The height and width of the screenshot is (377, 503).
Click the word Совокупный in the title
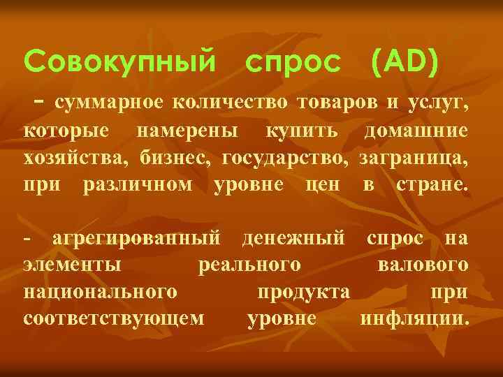(x=119, y=63)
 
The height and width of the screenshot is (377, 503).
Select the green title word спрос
(x=293, y=64)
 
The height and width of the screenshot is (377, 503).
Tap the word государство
(x=286, y=158)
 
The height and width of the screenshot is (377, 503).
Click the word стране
(x=432, y=185)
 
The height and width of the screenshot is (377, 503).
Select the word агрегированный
(x=137, y=239)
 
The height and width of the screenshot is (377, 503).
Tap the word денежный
(x=293, y=239)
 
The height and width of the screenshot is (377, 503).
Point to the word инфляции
(x=414, y=319)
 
